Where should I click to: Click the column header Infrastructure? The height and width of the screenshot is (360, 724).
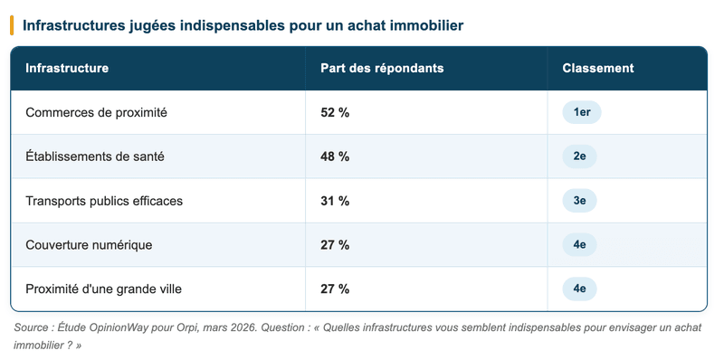[67, 69]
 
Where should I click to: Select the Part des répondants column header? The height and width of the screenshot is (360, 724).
[382, 69]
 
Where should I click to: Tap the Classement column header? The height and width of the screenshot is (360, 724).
[597, 69]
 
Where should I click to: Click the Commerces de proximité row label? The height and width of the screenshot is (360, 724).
[96, 113]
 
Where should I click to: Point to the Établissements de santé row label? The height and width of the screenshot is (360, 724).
[95, 156]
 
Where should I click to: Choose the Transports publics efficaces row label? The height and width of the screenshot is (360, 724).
[104, 201]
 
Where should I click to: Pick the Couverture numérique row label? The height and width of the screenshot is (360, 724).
[89, 245]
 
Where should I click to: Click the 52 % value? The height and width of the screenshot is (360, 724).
[335, 113]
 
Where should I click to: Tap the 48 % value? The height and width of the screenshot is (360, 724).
[335, 156]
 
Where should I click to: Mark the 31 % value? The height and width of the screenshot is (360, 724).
[335, 201]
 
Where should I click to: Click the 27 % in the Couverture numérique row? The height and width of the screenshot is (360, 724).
[335, 245]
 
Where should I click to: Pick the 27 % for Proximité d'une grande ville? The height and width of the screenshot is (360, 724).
[335, 289]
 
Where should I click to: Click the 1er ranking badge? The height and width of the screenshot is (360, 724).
[581, 113]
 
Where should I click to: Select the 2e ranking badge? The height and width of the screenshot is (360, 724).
[579, 156]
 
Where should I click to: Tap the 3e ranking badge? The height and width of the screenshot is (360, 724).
[579, 201]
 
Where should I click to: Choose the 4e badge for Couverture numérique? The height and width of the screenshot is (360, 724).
[579, 245]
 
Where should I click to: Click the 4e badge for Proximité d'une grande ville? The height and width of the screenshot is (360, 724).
[579, 289]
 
